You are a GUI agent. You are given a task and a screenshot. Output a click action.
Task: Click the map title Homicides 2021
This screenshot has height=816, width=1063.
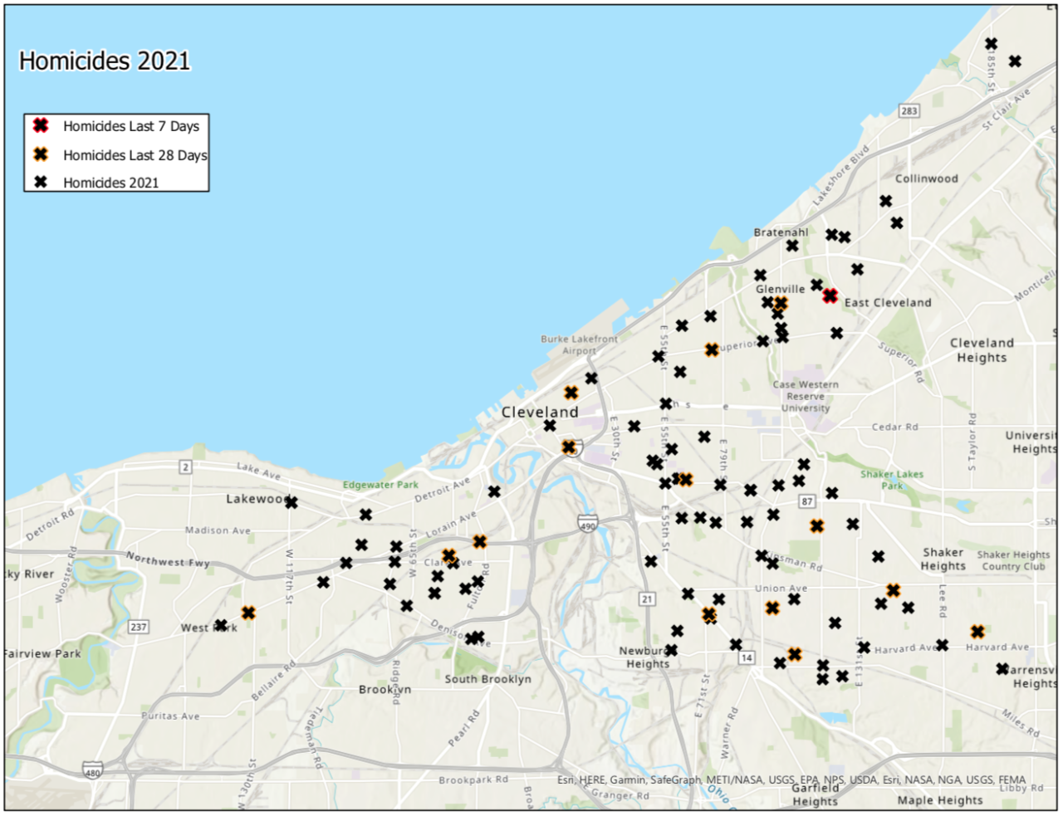point(105,61)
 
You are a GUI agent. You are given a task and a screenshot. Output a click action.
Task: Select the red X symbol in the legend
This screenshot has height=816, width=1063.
point(40,125)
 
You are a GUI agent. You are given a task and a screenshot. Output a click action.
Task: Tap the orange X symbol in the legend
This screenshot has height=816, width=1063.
point(40,154)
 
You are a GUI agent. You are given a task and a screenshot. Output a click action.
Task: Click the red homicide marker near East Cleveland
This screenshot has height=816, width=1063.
point(830,296)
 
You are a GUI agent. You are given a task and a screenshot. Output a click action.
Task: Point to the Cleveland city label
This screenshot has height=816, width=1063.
point(540,412)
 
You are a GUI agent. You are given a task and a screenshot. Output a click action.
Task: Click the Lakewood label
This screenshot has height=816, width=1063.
point(257,499)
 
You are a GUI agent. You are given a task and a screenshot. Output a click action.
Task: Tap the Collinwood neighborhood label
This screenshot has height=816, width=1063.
point(926,178)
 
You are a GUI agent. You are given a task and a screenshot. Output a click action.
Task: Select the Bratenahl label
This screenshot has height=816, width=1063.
point(781,232)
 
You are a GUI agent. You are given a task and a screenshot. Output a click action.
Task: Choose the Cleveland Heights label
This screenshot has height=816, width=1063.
point(982,349)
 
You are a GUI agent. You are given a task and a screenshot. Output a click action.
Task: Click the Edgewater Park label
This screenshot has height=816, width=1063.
point(380,485)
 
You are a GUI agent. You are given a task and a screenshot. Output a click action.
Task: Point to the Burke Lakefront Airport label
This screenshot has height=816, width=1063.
point(579,344)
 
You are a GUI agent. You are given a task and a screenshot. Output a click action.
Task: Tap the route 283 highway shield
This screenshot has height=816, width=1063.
point(909,110)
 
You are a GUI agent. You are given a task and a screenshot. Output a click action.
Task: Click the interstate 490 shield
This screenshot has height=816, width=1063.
point(588,525)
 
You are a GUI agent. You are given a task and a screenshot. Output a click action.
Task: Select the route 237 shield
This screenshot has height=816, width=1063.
point(139,627)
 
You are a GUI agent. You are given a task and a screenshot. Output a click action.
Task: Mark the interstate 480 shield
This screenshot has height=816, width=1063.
point(93,772)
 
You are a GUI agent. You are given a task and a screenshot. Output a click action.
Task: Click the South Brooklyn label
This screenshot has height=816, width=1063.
point(487,679)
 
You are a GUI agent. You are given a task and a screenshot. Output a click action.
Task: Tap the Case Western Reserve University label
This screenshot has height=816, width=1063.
point(806,396)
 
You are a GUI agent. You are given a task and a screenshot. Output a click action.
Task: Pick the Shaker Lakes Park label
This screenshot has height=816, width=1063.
point(892,480)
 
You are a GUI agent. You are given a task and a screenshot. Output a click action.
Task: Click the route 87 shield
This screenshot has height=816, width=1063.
point(807,501)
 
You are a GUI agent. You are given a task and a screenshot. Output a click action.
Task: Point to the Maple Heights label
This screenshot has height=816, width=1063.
point(940,800)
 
